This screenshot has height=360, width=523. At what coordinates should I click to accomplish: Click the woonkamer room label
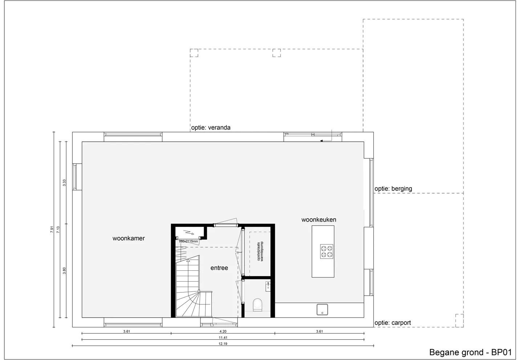tap(129, 238)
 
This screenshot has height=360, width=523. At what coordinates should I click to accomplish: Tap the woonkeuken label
tap(319, 220)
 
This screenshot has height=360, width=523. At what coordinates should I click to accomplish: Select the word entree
tap(219, 268)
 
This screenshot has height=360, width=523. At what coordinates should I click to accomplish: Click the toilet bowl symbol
tap(258, 304)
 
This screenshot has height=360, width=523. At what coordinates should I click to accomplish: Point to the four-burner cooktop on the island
tap(327, 251)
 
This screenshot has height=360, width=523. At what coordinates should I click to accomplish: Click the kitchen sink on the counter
tap(322, 309)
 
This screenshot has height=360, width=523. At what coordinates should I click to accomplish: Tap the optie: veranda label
tap(211, 128)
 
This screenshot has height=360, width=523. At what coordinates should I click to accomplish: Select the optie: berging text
tap(393, 188)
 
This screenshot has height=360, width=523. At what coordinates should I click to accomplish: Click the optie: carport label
tap(393, 323)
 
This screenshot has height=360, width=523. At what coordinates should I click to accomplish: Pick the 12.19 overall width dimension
tap(223, 344)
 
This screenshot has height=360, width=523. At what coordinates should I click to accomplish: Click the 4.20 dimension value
tap(223, 331)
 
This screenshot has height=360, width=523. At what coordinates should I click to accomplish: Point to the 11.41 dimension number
tap(223, 337)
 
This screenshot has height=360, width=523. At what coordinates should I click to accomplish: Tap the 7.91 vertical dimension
tap(52, 229)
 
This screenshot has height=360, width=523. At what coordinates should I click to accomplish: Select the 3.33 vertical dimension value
tap(64, 183)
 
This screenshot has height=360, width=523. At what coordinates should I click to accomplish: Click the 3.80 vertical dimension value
tap(64, 271)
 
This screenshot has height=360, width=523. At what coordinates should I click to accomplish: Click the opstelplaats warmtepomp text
tap(260, 251)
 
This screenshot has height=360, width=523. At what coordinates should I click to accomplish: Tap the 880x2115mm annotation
tap(188, 241)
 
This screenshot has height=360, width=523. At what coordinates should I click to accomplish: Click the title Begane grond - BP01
tap(470, 352)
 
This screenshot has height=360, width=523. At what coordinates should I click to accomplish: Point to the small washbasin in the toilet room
tap(268, 286)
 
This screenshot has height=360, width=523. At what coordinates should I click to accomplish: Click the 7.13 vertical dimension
tap(58, 229)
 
